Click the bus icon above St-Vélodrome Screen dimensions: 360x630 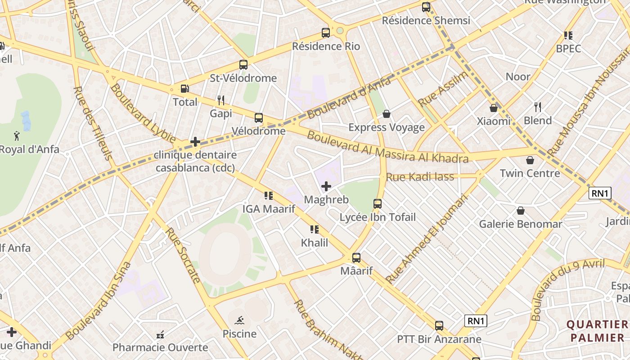click(243, 65)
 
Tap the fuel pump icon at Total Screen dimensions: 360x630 click(184, 89)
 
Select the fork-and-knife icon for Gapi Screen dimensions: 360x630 click(220, 100)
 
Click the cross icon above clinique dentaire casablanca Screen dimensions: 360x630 click(195, 142)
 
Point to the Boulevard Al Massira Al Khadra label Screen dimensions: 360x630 click(387, 146)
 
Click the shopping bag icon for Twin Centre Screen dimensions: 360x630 click(530, 160)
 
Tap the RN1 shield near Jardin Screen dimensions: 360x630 click(600, 193)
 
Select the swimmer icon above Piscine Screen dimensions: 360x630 click(240, 320)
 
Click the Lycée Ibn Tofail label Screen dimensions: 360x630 click(377, 217)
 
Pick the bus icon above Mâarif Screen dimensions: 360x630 click(356, 258)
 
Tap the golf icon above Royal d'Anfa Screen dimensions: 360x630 click(17, 135)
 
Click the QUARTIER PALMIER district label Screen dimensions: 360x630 click(597, 331)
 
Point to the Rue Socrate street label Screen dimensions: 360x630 click(183, 255)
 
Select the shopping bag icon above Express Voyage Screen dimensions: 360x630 click(386, 114)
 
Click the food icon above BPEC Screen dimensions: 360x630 click(568, 35)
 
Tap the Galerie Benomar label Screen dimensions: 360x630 click(520, 224)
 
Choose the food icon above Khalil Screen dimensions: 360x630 click(314, 229)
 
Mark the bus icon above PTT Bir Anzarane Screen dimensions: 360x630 click(439, 326)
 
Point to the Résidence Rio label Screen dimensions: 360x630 click(326, 46)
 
